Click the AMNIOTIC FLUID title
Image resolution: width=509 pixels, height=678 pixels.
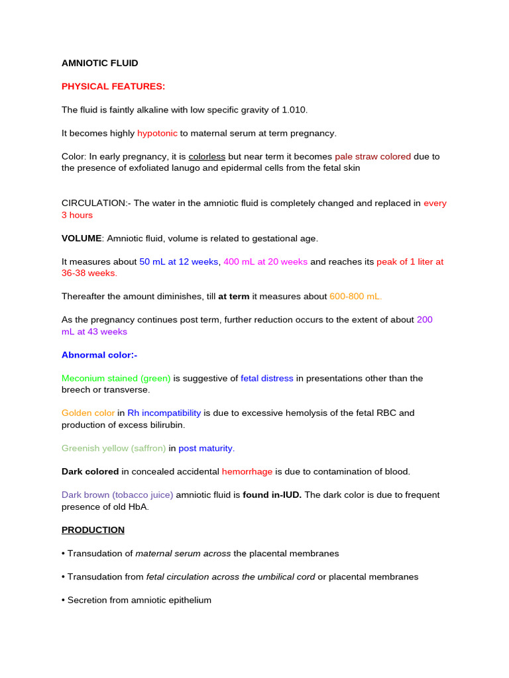click(100, 63)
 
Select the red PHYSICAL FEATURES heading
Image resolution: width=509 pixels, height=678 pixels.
click(113, 86)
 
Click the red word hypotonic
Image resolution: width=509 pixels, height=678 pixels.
click(157, 133)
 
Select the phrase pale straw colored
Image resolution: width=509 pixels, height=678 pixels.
click(373, 156)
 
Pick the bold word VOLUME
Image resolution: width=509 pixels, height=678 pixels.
click(82, 238)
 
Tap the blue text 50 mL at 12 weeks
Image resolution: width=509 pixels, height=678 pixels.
click(179, 262)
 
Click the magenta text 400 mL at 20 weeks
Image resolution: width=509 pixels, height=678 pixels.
click(266, 262)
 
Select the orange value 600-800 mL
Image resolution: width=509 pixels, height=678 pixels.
click(356, 297)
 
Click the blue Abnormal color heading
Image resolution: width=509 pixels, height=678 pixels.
click(99, 355)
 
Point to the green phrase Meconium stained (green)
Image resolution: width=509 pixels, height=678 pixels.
click(116, 378)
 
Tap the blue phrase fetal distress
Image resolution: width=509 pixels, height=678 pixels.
click(267, 378)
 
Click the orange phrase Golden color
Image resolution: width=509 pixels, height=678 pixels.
click(88, 412)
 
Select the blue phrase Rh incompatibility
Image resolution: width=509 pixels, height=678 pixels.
click(164, 412)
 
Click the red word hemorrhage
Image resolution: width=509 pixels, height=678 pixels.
click(247, 471)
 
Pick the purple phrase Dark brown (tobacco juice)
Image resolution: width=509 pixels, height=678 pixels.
click(117, 495)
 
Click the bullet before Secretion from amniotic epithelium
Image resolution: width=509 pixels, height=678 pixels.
click(64, 600)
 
